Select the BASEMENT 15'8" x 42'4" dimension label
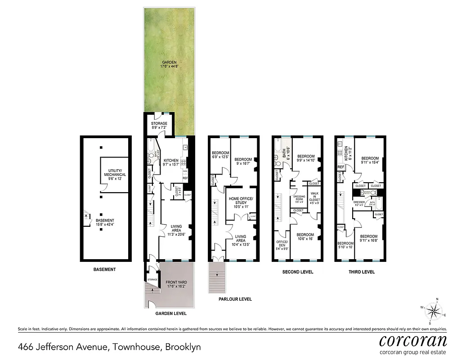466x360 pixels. point(105,223)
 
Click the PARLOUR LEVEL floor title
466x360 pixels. point(235,299)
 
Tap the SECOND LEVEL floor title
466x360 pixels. point(297,272)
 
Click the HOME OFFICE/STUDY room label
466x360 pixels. point(241,202)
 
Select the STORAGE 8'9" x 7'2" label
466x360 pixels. point(159,126)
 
